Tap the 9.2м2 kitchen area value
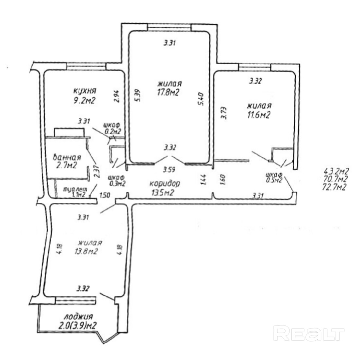click(84, 100)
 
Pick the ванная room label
click(67, 157)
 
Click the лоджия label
click(79, 317)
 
